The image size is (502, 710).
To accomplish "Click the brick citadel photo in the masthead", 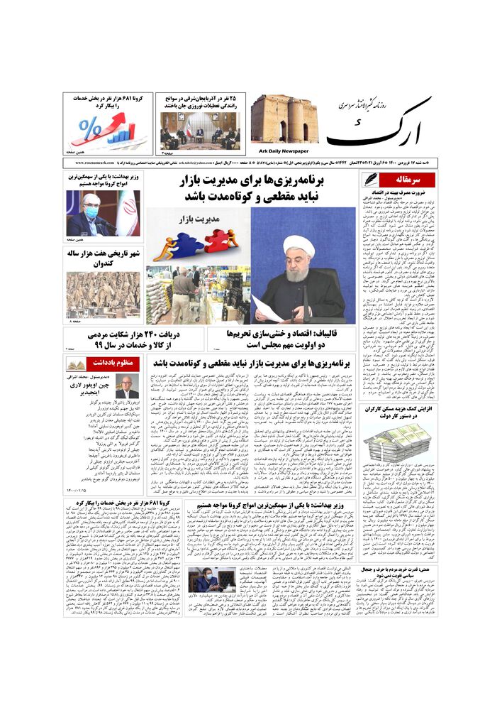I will (280, 119).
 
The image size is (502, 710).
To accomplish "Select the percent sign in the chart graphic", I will (90, 130).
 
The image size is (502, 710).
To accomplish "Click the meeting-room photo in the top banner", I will (199, 130).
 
